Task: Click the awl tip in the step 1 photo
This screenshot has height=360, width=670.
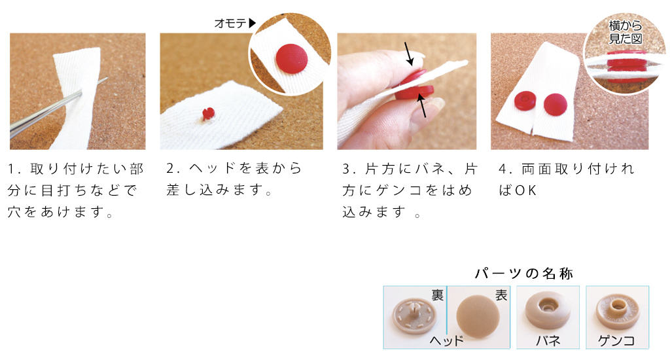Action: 107,79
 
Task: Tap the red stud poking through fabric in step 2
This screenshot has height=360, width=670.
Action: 208,113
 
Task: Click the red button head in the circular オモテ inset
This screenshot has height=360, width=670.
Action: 291,58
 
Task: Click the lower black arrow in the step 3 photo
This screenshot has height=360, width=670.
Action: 421,105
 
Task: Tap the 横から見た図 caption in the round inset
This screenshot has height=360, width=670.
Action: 625,32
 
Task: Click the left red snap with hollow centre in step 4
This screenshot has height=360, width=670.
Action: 525,101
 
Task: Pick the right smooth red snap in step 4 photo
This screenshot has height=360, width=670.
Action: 555,105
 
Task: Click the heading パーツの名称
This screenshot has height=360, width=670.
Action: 524,273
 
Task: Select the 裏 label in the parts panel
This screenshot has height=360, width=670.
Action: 438,295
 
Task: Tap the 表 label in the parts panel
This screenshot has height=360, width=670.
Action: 501,295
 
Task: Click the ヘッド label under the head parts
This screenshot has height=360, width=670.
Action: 446,340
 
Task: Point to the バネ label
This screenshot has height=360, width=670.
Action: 548,340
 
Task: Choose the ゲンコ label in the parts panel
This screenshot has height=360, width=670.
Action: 616,340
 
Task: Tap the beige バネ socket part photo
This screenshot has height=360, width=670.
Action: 548,310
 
